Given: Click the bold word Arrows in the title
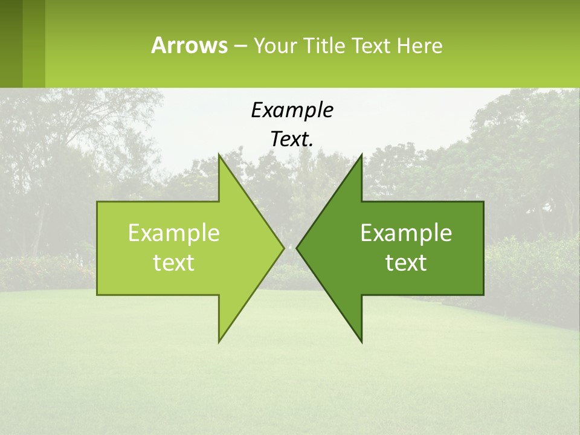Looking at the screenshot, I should click(x=188, y=45).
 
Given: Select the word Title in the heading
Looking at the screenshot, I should click(x=325, y=46).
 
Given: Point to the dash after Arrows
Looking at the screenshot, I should click(x=240, y=46).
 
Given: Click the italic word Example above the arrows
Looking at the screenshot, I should click(x=292, y=110).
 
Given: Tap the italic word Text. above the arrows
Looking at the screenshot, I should click(x=292, y=140).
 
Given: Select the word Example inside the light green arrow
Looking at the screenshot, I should click(x=174, y=233).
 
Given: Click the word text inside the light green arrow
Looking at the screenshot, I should click(x=174, y=263).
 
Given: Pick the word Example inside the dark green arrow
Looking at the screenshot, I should click(x=406, y=233).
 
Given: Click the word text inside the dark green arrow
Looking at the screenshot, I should click(x=406, y=263).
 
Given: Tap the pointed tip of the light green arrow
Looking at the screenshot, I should click(x=283, y=248).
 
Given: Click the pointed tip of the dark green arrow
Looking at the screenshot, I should click(x=297, y=248).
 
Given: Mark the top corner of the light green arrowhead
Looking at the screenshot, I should click(x=219, y=155).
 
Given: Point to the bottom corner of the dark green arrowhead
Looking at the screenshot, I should click(x=361, y=341).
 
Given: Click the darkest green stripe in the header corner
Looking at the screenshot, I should click(x=11, y=43).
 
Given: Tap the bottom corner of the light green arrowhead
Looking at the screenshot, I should click(x=219, y=341).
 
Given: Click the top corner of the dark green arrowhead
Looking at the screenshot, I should click(x=361, y=155).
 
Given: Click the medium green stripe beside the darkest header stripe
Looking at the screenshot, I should click(x=34, y=43).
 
